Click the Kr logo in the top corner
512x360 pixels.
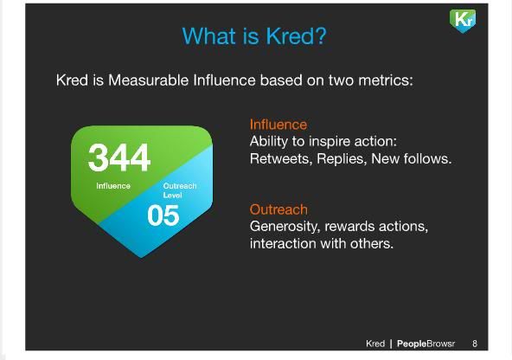[463, 20]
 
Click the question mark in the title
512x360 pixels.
[320, 35]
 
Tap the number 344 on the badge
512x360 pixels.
[119, 157]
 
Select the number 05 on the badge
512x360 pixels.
[163, 215]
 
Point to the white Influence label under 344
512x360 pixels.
[113, 186]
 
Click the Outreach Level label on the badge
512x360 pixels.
[180, 190]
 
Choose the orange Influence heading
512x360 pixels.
[278, 125]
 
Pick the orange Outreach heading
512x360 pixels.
[278, 209]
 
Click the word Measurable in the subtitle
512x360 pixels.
[148, 80]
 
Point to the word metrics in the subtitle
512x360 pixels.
[386, 80]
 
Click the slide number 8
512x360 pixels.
[475, 344]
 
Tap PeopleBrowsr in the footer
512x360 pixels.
[426, 344]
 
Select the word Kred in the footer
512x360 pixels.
[375, 344]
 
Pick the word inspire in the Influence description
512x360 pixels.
[330, 142]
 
